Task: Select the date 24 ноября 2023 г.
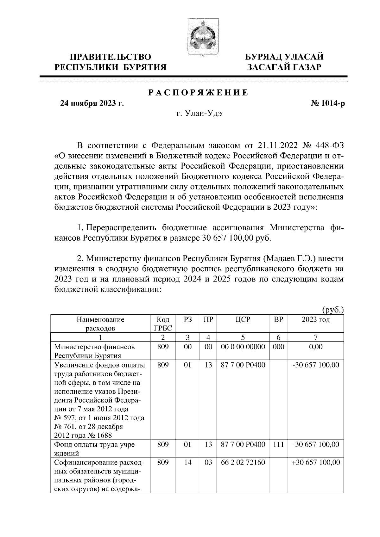click(x=92, y=103)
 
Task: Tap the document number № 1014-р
click(x=327, y=103)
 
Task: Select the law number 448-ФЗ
click(x=329, y=146)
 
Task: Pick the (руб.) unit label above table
click(x=332, y=309)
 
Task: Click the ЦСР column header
click(x=243, y=319)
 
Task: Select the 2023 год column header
click(x=315, y=319)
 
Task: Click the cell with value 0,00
click(x=315, y=347)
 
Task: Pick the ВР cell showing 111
click(x=278, y=444)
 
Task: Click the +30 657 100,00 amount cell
click(x=316, y=462)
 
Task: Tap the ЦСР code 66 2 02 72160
click(x=243, y=462)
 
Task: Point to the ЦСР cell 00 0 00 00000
click(x=243, y=347)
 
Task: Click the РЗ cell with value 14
click(x=188, y=462)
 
